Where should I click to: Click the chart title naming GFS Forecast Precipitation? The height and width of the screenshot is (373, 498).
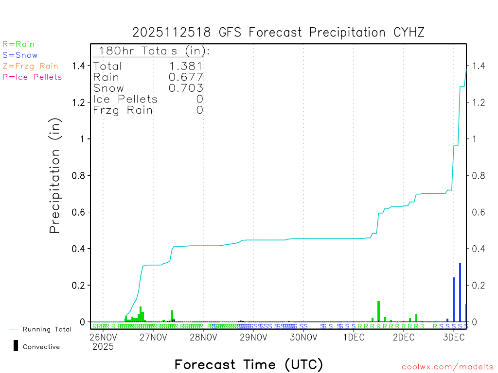(x=278, y=33)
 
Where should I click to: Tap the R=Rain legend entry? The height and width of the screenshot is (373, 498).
(x=18, y=44)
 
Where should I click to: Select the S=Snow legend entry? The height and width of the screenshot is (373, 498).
(x=20, y=55)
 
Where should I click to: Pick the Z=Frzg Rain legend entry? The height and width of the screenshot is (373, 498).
(x=30, y=66)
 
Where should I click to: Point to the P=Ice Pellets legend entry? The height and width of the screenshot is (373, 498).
(x=32, y=77)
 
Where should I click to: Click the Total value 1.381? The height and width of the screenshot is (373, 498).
(x=186, y=66)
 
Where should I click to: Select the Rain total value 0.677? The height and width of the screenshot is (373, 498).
(x=186, y=77)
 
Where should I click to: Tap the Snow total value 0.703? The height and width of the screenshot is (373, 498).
(x=186, y=88)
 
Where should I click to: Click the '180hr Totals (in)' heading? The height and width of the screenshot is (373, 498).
(x=152, y=51)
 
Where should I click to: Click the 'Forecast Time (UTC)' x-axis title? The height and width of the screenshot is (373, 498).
(x=249, y=364)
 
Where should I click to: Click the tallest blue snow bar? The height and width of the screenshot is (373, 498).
(x=460, y=291)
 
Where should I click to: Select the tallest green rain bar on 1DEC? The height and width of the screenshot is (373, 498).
(x=378, y=311)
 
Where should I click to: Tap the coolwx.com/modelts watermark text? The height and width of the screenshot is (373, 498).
(x=447, y=367)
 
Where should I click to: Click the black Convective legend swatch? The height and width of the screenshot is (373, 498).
(x=16, y=345)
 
